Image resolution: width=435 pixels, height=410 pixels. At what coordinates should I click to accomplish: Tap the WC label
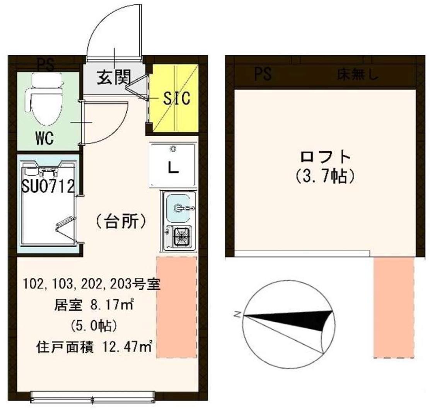pyautogui.click(x=45, y=138)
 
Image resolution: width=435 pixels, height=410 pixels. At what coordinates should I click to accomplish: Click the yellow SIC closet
pyautogui.click(x=175, y=98)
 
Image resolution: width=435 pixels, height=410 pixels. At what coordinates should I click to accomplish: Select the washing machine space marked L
pyautogui.click(x=173, y=164)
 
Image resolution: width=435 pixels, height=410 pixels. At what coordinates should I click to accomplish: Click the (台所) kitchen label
pyautogui.click(x=121, y=222)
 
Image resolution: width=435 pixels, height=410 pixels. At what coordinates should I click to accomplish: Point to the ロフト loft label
pyautogui.click(x=325, y=158)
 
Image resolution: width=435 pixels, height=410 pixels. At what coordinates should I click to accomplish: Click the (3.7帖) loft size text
pyautogui.click(x=325, y=177)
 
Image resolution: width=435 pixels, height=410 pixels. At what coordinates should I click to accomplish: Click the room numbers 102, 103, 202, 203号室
pyautogui.click(x=91, y=285)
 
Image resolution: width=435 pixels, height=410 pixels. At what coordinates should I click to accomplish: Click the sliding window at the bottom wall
pyautogui.click(x=93, y=396)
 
